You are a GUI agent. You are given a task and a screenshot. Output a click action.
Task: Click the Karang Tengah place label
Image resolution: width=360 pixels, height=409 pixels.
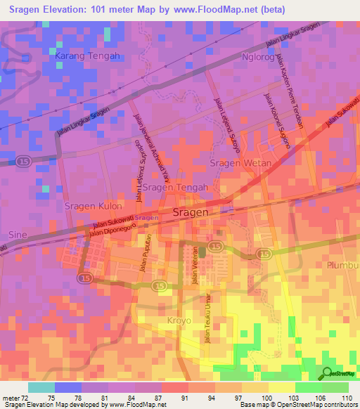pos(88,56)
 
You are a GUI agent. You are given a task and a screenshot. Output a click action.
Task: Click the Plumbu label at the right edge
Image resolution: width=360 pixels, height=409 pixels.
pos(343,265)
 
